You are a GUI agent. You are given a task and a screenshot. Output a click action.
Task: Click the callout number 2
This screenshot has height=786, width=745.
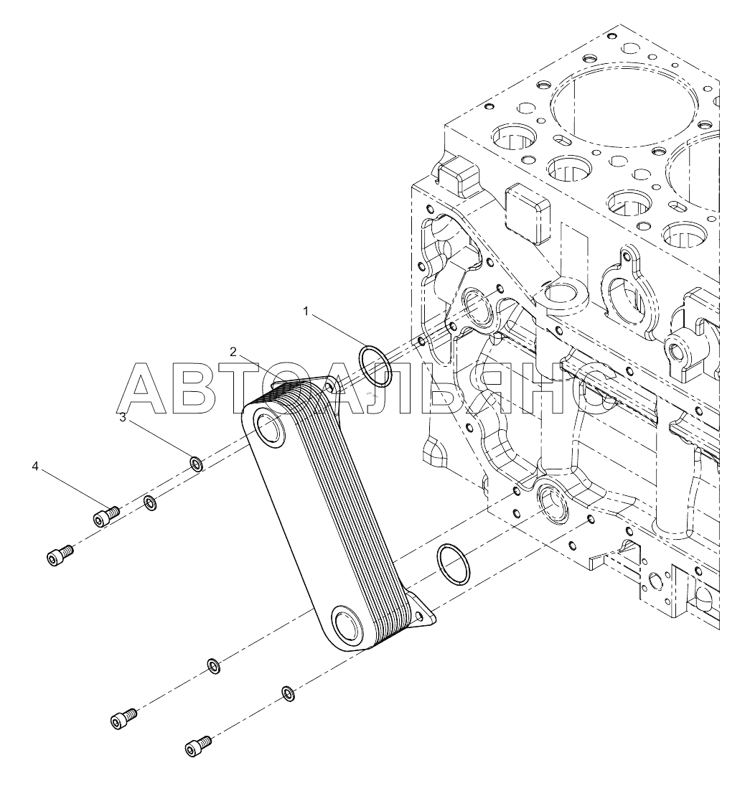point(233,352)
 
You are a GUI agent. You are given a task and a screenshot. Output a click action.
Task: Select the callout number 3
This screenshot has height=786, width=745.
point(123,418)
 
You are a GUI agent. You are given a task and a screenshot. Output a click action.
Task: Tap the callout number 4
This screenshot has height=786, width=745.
point(34,467)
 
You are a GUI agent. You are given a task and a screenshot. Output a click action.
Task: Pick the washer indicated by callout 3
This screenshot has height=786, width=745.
point(196,464)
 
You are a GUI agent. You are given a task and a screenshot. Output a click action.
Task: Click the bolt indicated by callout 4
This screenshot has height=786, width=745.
point(106,516)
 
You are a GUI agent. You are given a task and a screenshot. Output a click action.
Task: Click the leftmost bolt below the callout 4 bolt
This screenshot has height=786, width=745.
point(60,556)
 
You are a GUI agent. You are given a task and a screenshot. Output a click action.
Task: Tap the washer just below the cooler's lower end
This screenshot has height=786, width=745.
point(214,666)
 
